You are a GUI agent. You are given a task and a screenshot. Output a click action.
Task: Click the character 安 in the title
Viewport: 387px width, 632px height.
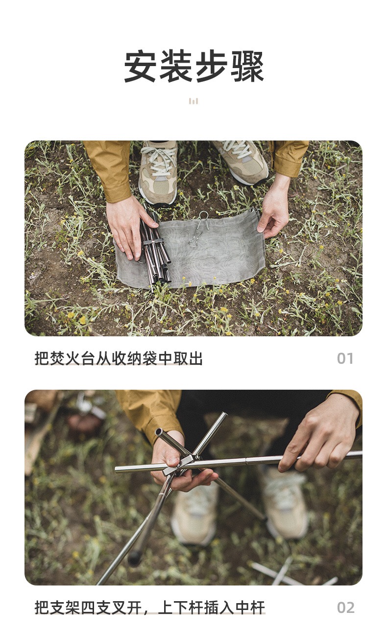point(140,66)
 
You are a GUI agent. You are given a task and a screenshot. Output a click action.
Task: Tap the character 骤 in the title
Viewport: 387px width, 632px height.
point(247,66)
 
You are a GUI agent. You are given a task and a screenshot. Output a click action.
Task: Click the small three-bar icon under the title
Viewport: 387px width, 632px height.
point(193,101)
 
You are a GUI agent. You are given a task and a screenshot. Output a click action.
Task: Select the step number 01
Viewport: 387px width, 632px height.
point(345,359)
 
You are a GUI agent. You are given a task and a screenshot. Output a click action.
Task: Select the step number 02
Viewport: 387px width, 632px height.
point(345,608)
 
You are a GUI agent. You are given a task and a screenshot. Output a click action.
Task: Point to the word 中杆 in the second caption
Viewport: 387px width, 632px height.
point(250,608)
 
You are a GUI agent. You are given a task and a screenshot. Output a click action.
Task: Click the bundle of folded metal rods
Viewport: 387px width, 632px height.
point(155,248)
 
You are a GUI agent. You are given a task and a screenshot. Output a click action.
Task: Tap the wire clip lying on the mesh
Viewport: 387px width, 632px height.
point(198,229)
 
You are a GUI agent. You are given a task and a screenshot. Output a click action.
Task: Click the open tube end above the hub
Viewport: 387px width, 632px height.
point(160,432)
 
